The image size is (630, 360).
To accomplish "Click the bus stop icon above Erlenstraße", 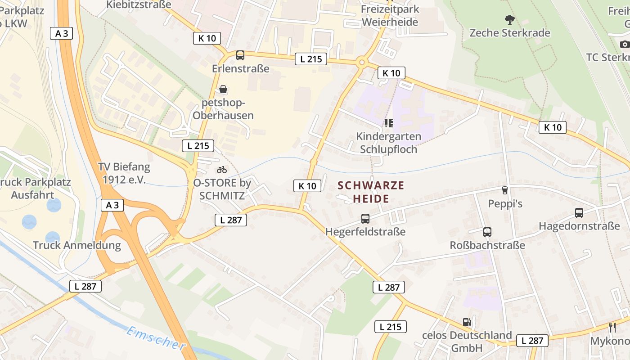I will pos(240,55).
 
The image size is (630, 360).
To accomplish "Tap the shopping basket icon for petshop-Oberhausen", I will pos(223,89).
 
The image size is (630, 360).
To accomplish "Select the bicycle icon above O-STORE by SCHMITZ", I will pos(222,170).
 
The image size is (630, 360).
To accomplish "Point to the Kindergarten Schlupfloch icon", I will pos(388,123).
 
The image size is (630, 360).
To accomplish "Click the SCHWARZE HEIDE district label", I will pos(371,192).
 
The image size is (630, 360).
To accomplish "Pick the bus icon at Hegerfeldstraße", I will pos(365,219).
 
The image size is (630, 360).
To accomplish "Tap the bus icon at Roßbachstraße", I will pos(487,232).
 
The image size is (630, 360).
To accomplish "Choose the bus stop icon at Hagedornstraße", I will pos(579,213).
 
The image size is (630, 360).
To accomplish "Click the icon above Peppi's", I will pos(505,190).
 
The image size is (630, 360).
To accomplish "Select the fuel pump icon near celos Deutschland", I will pos(467,322).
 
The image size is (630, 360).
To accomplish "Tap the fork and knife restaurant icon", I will pos(612,327).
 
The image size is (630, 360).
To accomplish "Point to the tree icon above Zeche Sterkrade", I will pos(509,20).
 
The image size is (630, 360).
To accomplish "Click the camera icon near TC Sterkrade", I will pos(625,44).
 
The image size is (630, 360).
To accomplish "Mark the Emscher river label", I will pos(156,338).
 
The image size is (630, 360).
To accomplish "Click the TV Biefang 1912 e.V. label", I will pos(124,173).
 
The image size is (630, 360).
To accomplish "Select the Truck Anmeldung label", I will pos(77,246).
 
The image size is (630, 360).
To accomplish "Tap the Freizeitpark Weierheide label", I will pos(390,15).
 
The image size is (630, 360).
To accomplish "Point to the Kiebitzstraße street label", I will pos(139,4).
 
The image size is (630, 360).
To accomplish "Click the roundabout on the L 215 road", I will pos(361,63).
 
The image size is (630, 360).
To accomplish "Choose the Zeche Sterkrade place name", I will pos(510,33).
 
